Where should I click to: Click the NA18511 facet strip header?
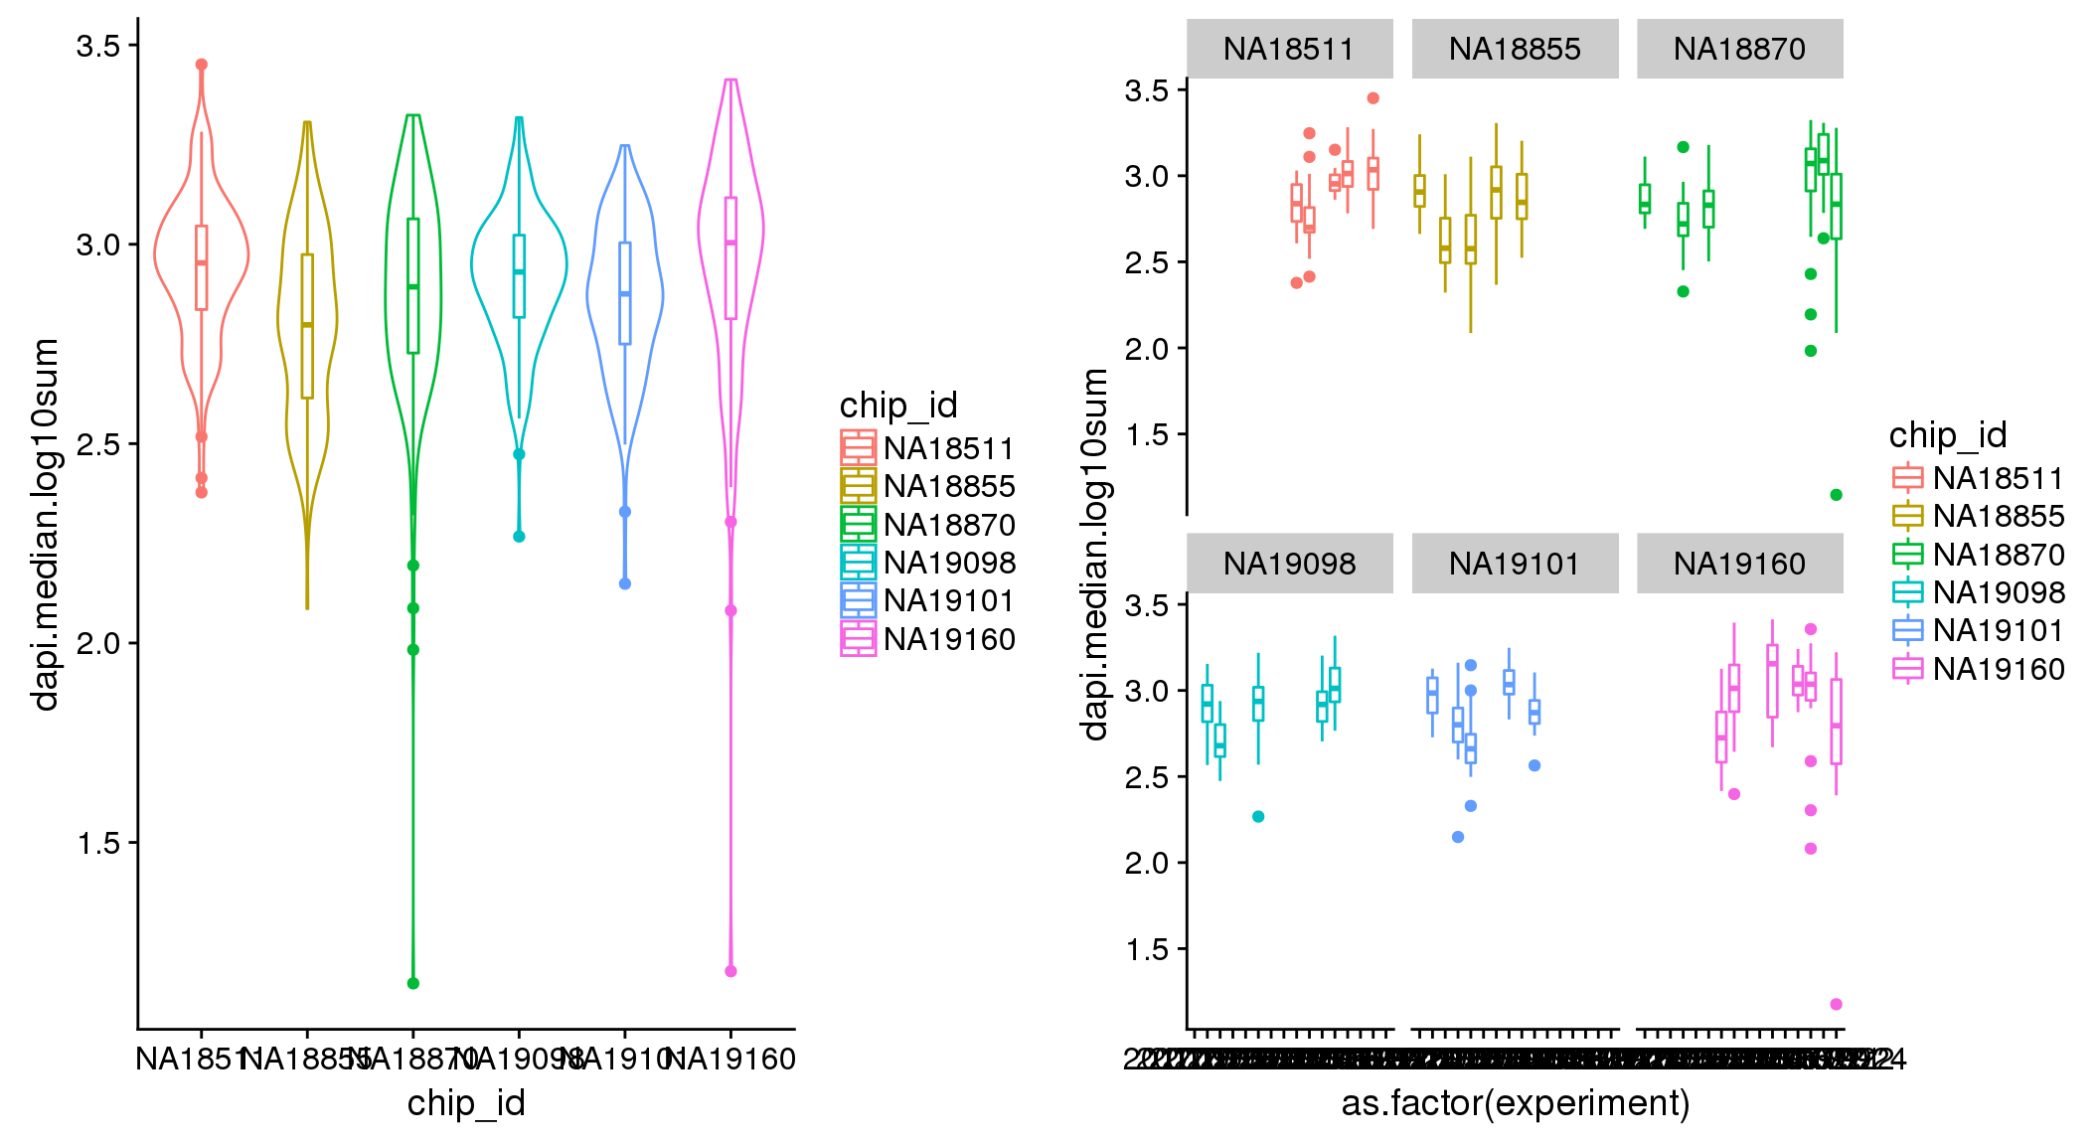coord(1289,49)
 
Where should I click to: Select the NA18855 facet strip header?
coord(1515,49)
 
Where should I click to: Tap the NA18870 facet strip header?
coord(1739,49)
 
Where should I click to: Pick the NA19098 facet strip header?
coord(1289,564)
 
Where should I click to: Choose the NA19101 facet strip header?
coord(1515,564)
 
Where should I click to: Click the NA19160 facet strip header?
coord(1739,564)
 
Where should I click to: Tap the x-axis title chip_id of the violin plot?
coord(466,1103)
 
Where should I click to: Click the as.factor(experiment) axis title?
coord(1516,1103)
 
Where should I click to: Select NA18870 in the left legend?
coord(949,525)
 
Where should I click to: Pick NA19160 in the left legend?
coord(949,639)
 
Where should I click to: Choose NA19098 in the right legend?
coord(1999,592)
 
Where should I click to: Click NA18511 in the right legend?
coord(1999,478)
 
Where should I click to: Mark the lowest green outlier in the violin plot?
coord(413,983)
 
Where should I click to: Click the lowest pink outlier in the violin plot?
coord(730,971)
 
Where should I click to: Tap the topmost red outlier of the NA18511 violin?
coord(202,65)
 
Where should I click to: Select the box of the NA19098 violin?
coord(519,275)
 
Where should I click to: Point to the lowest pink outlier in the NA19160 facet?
coord(1836,1004)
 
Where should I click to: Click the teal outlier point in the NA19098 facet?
coord(1258,817)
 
